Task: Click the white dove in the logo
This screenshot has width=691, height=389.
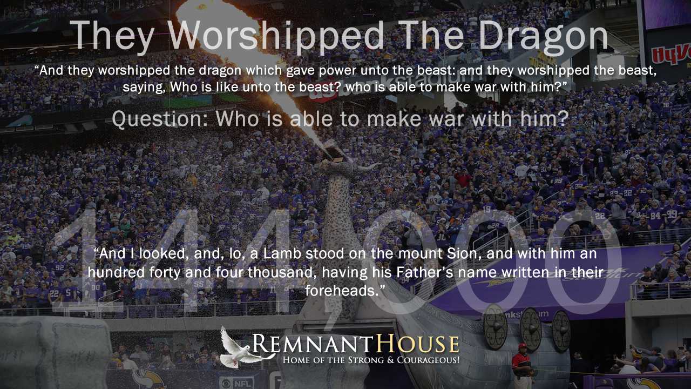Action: [x=243, y=347]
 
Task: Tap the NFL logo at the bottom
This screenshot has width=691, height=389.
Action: [x=236, y=384]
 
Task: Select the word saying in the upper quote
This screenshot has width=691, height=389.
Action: [x=143, y=88]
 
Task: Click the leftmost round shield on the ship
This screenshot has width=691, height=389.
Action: [x=495, y=327]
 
